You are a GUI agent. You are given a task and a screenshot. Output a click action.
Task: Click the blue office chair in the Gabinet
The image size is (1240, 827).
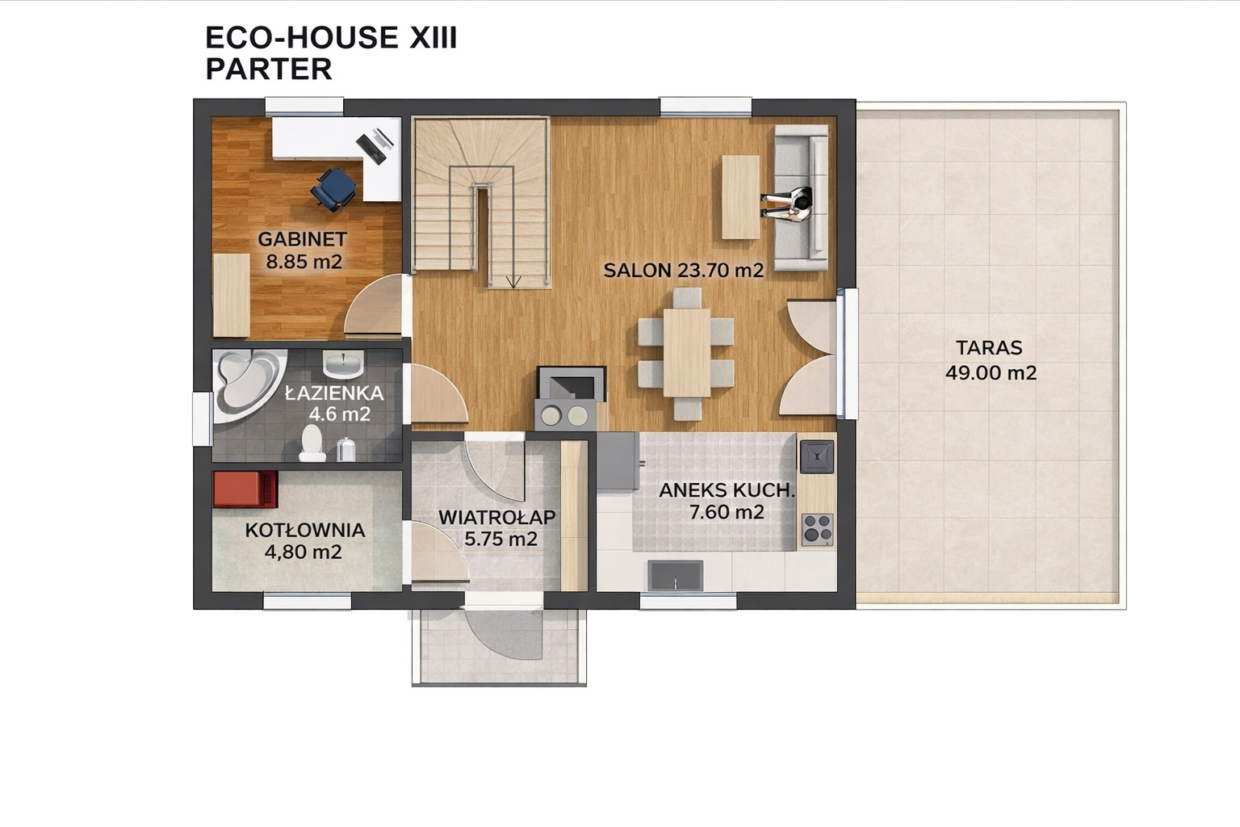pyautogui.click(x=333, y=189)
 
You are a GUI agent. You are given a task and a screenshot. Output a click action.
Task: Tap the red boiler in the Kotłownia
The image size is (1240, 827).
pyautogui.click(x=245, y=489)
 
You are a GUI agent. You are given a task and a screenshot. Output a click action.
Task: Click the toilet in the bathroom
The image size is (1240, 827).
pyautogui.click(x=312, y=443)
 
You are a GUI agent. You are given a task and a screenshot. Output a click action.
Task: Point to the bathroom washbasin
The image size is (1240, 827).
pyautogui.click(x=343, y=363)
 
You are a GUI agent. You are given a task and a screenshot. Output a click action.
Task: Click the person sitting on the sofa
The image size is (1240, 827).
pyautogui.click(x=787, y=204)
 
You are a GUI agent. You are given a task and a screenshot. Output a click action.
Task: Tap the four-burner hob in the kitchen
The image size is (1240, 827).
pyautogui.click(x=818, y=530)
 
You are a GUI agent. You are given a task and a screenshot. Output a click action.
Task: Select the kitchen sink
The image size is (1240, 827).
pyautogui.click(x=676, y=576)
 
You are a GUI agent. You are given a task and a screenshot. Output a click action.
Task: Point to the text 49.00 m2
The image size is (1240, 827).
pyautogui.click(x=991, y=373)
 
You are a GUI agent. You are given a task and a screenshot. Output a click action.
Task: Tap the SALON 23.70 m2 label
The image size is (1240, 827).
pyautogui.click(x=683, y=271)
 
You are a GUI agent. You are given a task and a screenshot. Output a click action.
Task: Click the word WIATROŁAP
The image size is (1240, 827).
pyautogui.click(x=497, y=518)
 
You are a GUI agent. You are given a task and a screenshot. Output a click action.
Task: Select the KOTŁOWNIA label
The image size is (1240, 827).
pyautogui.click(x=305, y=530)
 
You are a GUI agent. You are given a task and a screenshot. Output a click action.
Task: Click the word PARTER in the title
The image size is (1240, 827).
pyautogui.click(x=269, y=69)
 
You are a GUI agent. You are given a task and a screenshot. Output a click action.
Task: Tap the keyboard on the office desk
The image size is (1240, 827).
pyautogui.click(x=371, y=149)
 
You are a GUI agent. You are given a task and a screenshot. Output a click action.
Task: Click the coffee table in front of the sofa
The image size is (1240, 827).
pyautogui.click(x=740, y=197)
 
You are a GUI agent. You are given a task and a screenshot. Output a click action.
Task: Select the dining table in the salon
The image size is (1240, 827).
pyautogui.click(x=686, y=352)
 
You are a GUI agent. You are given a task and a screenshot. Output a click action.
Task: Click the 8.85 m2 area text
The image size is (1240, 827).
pyautogui.click(x=304, y=262)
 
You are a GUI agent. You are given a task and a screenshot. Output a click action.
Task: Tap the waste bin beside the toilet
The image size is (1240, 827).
pyautogui.click(x=346, y=449)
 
